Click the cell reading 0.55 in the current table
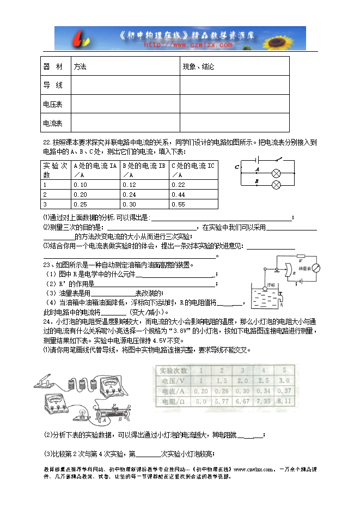click(178, 204)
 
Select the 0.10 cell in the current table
click(80, 185)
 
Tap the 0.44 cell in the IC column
click(178, 195)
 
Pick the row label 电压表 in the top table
click(53, 104)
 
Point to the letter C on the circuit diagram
click(237, 167)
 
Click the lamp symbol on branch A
click(276, 173)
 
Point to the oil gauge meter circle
click(315, 268)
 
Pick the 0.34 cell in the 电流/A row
click(263, 391)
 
